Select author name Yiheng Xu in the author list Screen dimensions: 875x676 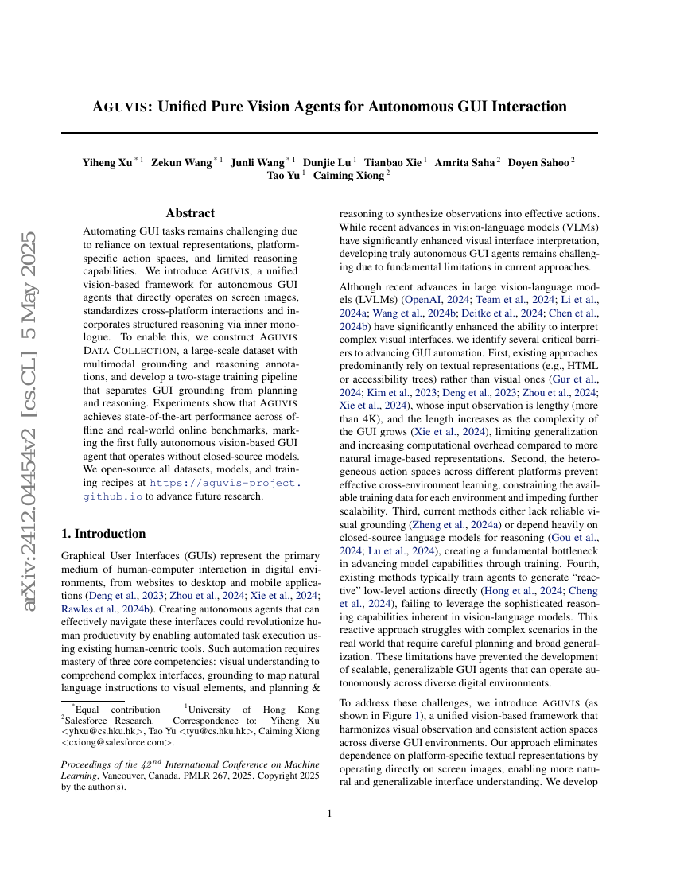(107, 162)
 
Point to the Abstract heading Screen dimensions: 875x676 (190, 213)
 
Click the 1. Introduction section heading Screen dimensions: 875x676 (103, 533)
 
